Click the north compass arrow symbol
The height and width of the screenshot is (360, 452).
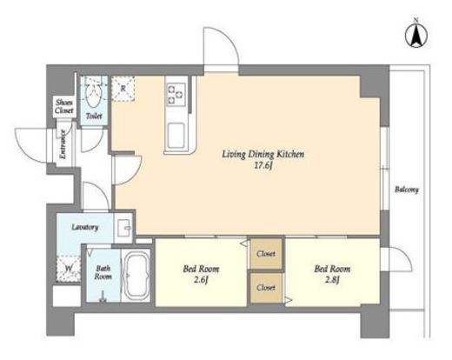coord(416,36)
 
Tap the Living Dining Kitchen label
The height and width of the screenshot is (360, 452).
coord(263,154)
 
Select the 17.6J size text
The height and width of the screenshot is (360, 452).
coord(263,166)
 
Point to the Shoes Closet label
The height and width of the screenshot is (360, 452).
coord(64,106)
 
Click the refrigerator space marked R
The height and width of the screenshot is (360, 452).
coord(123,89)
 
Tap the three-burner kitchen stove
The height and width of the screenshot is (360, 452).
coord(176,94)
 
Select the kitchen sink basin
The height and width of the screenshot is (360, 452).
coord(176,136)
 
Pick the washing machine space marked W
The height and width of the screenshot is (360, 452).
coord(69,269)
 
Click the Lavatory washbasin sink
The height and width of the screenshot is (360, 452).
coord(125,228)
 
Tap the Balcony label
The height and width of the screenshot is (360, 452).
coord(407,190)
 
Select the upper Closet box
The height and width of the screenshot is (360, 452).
coord(266,254)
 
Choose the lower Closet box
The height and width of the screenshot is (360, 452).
coord(266,288)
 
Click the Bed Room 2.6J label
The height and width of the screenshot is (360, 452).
coord(201,274)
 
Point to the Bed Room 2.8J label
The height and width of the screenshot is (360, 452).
coord(332,274)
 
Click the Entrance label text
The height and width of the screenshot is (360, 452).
coord(63,143)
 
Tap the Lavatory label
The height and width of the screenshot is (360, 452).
coord(85,227)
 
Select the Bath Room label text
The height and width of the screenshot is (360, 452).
coord(103,272)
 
